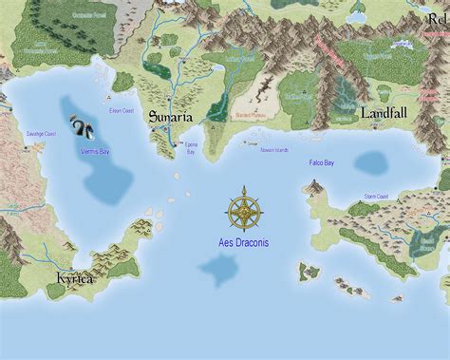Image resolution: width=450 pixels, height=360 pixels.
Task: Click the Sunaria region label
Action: click(171, 117)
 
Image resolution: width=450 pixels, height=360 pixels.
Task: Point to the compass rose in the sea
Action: click(245, 209)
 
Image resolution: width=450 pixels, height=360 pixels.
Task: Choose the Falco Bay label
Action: click(322, 162)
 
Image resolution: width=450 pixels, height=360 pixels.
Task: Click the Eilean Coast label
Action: click(122, 110)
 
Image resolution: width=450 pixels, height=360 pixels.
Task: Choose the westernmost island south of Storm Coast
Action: click(309, 272)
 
